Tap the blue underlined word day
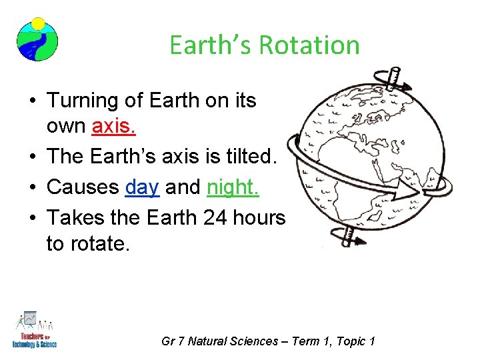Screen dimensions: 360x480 tap(142, 188)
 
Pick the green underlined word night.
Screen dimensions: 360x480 tap(233, 188)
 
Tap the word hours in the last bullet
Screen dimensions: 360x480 tap(257, 217)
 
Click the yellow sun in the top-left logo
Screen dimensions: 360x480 tap(38, 24)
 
